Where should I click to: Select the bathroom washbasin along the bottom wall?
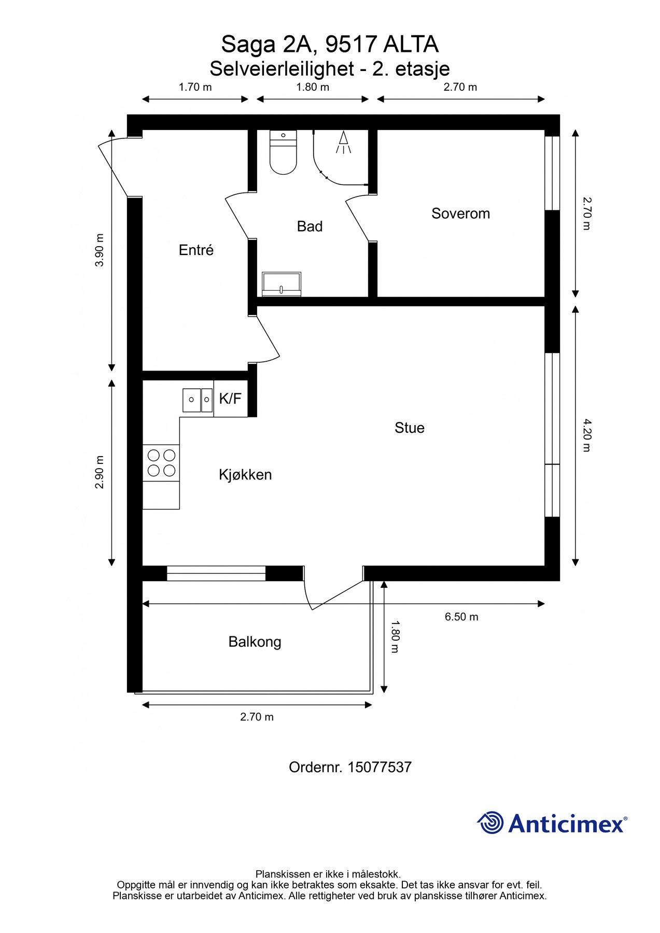pos(282,284)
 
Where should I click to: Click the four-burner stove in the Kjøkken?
pos(161,463)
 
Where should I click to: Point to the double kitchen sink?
pos(198,400)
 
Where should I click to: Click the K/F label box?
pos(230,399)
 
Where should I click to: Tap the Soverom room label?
pos(460,214)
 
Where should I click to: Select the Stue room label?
pos(409,428)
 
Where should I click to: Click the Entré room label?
pos(196,250)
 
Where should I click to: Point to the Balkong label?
pos(255,642)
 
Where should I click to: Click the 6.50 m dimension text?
pos(461,617)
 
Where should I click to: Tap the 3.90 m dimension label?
pos(100,250)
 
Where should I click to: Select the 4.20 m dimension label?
pos(586,435)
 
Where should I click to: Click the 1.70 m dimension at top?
pos(195,87)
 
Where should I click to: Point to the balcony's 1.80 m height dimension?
pos(394,637)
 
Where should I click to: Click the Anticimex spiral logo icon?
pos(490,823)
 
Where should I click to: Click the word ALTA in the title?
pos(411,45)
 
